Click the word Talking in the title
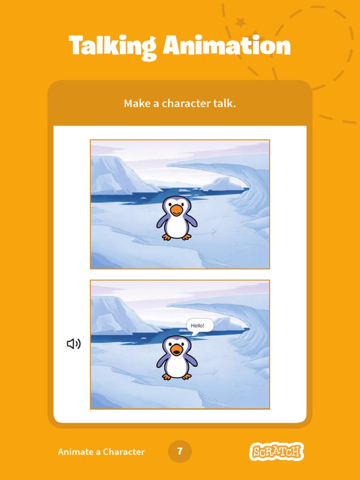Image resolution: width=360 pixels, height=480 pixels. (x=113, y=46)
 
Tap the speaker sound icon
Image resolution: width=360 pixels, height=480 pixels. (x=74, y=344)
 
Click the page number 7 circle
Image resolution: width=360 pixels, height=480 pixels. (x=180, y=451)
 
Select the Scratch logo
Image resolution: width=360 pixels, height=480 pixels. (x=276, y=452)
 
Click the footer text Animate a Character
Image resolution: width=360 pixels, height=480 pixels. (x=101, y=452)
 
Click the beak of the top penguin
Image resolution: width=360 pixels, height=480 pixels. (x=176, y=210)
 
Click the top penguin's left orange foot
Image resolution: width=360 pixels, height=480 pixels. (x=166, y=237)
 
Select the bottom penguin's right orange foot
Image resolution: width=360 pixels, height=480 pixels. (x=187, y=376)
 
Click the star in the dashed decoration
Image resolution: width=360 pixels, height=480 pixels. (x=240, y=22)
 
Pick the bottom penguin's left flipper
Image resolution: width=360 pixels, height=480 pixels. (x=162, y=360)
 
